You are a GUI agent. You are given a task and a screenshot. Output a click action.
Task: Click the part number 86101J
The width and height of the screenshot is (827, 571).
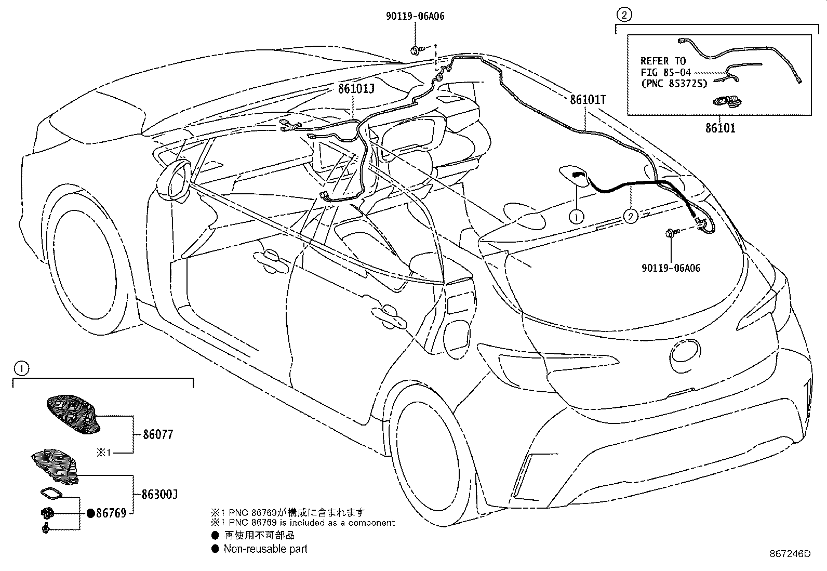click(x=356, y=89)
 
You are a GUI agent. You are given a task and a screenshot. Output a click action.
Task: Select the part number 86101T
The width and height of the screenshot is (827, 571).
click(x=588, y=100)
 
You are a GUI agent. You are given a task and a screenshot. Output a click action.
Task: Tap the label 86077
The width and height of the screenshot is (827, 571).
click(x=158, y=435)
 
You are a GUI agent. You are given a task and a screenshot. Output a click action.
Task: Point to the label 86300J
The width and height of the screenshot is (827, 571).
click(x=160, y=494)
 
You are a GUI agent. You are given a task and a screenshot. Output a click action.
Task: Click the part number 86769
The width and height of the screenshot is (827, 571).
click(x=111, y=513)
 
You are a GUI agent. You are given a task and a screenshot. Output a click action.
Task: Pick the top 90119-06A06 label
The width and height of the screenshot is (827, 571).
click(x=416, y=16)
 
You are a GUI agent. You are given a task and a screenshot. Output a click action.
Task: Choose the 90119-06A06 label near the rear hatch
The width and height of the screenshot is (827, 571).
click(x=671, y=268)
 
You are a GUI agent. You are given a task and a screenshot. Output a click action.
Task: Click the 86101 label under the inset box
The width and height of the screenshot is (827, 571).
click(x=721, y=128)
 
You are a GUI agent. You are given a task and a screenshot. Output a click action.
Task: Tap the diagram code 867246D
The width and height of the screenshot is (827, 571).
click(x=790, y=554)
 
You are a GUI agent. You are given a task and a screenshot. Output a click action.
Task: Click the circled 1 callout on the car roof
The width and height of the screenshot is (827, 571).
click(x=577, y=217)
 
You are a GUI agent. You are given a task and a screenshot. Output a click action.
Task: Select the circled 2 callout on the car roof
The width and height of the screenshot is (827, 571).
click(x=631, y=217)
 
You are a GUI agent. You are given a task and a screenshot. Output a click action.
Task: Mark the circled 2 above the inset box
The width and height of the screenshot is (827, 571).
click(x=624, y=15)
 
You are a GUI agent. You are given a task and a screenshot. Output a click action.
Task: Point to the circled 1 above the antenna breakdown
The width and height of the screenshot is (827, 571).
click(x=21, y=368)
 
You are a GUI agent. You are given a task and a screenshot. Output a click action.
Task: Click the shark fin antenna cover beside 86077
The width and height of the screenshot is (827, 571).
click(x=73, y=415)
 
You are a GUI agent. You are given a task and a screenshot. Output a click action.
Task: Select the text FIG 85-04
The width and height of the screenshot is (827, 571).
click(x=665, y=72)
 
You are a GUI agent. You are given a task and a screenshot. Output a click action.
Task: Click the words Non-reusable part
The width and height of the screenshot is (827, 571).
click(x=265, y=549)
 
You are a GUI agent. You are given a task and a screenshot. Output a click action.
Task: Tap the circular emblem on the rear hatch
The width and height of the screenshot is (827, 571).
click(x=685, y=351)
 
